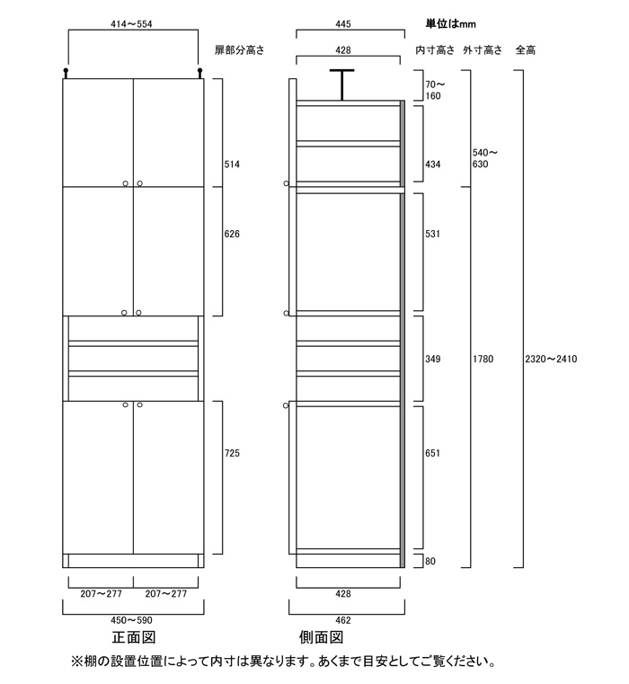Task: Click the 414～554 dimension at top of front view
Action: pos(131,24)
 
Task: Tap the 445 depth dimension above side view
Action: pos(343,24)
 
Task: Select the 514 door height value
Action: pos(232,164)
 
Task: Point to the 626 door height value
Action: pos(232,235)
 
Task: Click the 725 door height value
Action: pos(232,454)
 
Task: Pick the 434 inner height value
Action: pos(433,164)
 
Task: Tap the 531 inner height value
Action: pos(433,235)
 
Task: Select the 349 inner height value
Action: pos(433,359)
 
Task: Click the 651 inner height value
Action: pos(433,454)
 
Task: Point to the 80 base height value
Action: pos(430,562)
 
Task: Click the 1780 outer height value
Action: pos(483,359)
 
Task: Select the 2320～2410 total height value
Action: pos(551,359)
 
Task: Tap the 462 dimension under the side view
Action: pos(343,620)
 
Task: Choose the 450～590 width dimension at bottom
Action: pos(131,620)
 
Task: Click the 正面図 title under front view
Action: pos(134,638)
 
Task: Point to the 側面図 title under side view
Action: pos(321,638)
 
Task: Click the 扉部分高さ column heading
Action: pos(240,50)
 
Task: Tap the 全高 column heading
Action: pos(526,50)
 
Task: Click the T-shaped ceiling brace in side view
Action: pos(342,84)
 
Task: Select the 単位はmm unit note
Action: pos(450,24)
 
